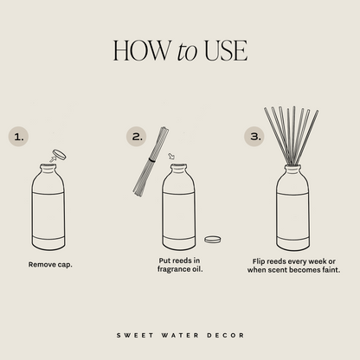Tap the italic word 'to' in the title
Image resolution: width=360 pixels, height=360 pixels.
[187, 52]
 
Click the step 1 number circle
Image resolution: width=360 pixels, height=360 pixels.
[19, 136]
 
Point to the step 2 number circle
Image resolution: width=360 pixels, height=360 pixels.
[136, 136]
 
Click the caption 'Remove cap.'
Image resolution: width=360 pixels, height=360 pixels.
[50, 264]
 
